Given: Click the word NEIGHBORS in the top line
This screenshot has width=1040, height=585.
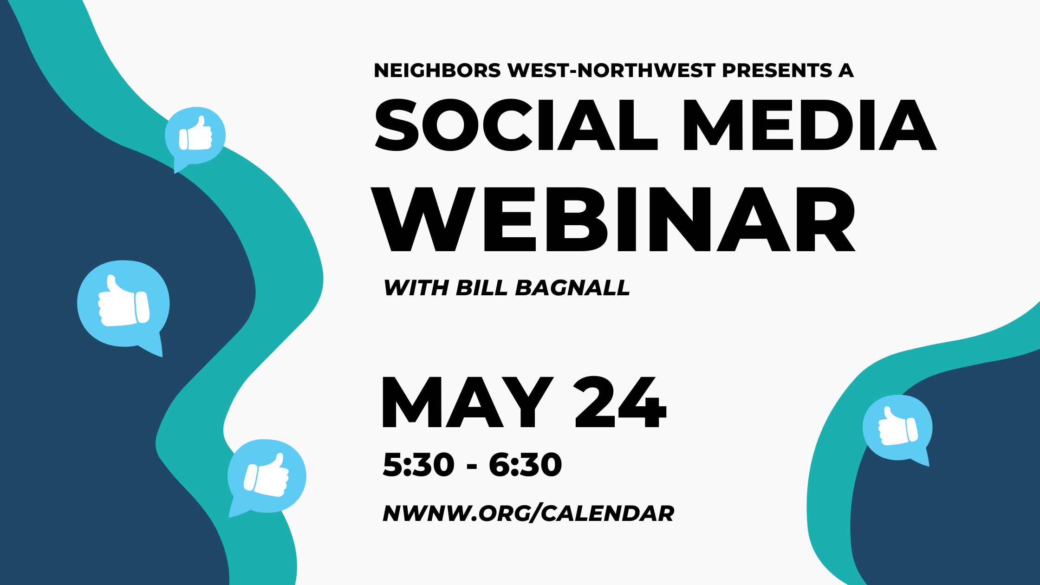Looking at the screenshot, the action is click(x=437, y=71).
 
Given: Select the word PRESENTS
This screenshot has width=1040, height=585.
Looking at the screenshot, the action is click(x=777, y=71).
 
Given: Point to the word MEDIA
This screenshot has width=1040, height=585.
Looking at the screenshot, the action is click(x=810, y=125).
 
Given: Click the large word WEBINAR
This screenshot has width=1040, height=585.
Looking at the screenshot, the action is click(x=613, y=219).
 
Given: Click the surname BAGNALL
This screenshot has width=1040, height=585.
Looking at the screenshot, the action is click(x=572, y=288).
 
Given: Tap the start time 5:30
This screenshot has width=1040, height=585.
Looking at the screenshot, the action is click(x=418, y=464).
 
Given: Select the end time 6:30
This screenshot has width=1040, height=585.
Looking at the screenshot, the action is click(x=525, y=464).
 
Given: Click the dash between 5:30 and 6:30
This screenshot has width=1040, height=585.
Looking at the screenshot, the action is click(x=472, y=466).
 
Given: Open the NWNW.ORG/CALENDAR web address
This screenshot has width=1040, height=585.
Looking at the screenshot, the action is click(x=528, y=513).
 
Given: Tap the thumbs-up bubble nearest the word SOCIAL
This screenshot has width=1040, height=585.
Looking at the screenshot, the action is click(x=195, y=137).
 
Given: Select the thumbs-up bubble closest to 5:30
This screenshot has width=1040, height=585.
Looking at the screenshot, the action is click(x=267, y=477).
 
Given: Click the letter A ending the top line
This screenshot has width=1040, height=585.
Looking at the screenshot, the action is click(x=846, y=71).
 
